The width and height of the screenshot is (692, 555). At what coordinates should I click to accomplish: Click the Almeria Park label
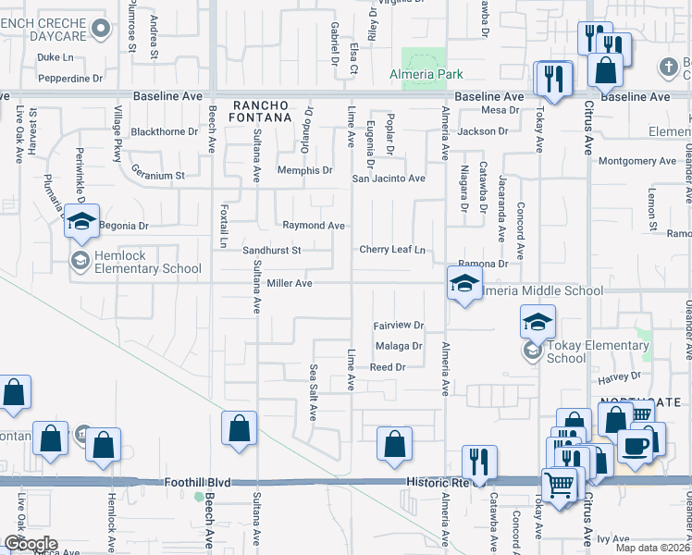426,74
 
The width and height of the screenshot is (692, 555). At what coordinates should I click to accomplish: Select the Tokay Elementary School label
597,351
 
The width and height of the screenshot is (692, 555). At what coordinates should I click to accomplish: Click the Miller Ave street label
290,283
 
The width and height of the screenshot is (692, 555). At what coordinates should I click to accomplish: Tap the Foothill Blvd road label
195,482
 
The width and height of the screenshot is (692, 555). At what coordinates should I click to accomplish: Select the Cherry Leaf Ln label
392,250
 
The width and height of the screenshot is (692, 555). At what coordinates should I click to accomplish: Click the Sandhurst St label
272,250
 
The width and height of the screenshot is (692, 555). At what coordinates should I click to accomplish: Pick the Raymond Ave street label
314,225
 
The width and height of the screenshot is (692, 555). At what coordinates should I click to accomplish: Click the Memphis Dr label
307,170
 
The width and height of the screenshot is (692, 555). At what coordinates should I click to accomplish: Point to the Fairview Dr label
398,326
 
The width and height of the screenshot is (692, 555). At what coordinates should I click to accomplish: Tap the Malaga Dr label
399,347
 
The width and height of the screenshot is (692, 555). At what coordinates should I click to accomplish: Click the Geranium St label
157,174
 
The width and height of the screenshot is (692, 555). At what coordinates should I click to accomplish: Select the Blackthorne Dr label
165,131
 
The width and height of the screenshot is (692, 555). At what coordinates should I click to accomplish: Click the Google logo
30,543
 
